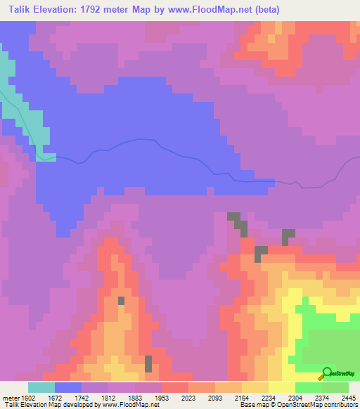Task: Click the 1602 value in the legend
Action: tap(27, 397)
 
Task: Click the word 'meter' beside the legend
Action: tap(9, 397)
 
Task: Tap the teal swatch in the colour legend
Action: tap(41, 387)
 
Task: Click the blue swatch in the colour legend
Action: tap(68, 387)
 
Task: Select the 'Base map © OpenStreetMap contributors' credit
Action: tap(297, 405)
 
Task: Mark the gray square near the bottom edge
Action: tap(148, 364)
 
